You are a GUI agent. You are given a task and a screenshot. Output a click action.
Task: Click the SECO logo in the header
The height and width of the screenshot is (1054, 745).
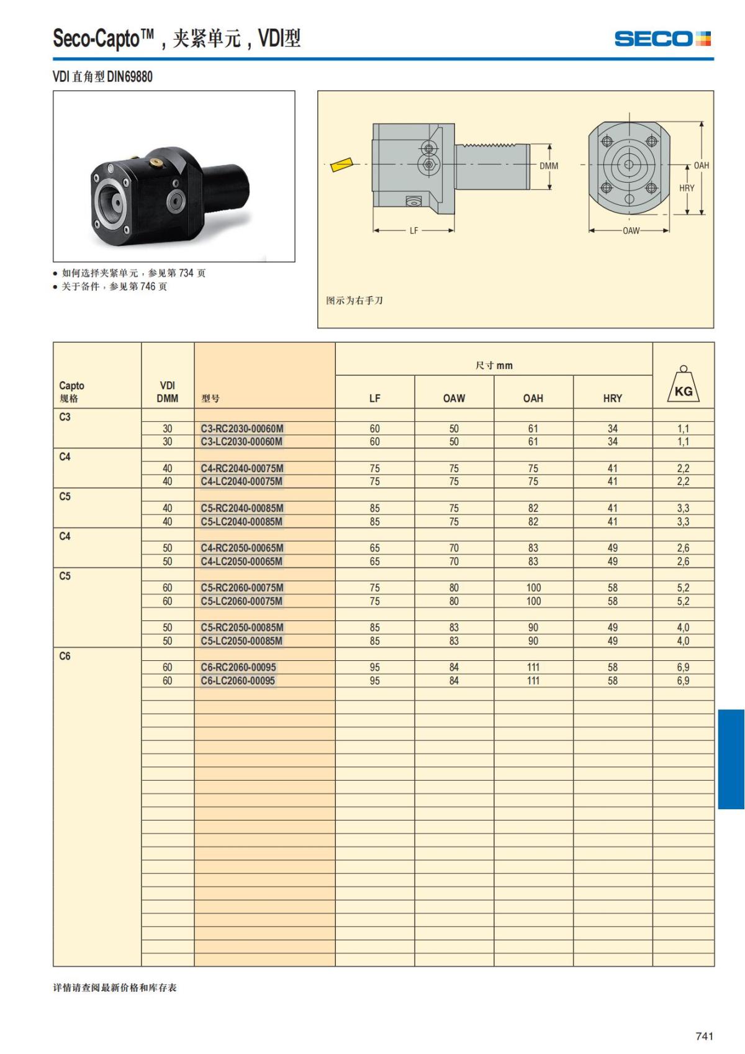coord(662,39)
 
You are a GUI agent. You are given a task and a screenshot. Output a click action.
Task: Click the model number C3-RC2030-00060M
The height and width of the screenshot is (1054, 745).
coord(242,429)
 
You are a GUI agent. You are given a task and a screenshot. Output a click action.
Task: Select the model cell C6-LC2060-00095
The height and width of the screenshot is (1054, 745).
coord(238,681)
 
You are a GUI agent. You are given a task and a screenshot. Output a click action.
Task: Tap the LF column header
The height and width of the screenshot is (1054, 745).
coord(374,398)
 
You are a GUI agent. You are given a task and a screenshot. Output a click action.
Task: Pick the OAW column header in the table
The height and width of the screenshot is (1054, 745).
coord(454,398)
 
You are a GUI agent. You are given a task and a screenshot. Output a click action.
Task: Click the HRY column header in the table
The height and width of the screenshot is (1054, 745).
coord(612,398)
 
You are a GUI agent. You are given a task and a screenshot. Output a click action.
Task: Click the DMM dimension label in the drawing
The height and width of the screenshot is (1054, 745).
coord(549,166)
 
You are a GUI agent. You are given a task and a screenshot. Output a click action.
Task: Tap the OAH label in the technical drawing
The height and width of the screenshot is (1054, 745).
coord(702,165)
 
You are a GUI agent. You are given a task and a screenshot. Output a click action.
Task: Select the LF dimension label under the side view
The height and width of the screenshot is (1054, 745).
coord(414,230)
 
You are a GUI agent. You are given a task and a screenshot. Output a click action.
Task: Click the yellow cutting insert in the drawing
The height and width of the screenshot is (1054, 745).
coord(340,165)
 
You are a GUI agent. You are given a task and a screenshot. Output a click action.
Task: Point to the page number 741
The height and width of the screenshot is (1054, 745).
coord(705,1036)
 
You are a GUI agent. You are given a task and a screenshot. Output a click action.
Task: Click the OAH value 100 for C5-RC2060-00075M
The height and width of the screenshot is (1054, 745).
coord(533,588)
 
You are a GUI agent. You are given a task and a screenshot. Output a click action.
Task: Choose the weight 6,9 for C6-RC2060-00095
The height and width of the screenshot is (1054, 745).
coord(683,667)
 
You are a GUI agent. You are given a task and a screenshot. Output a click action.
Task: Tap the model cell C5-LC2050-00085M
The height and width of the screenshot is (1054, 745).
coord(242,641)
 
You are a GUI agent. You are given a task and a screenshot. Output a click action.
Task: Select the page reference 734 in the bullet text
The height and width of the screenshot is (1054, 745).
coord(187,273)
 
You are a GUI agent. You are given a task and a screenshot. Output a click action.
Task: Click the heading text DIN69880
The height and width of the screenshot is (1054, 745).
coord(130,77)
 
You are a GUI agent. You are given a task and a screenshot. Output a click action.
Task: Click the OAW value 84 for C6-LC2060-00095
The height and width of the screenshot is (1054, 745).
coord(454,681)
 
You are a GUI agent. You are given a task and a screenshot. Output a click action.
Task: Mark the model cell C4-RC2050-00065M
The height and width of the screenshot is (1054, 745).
coord(242,548)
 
